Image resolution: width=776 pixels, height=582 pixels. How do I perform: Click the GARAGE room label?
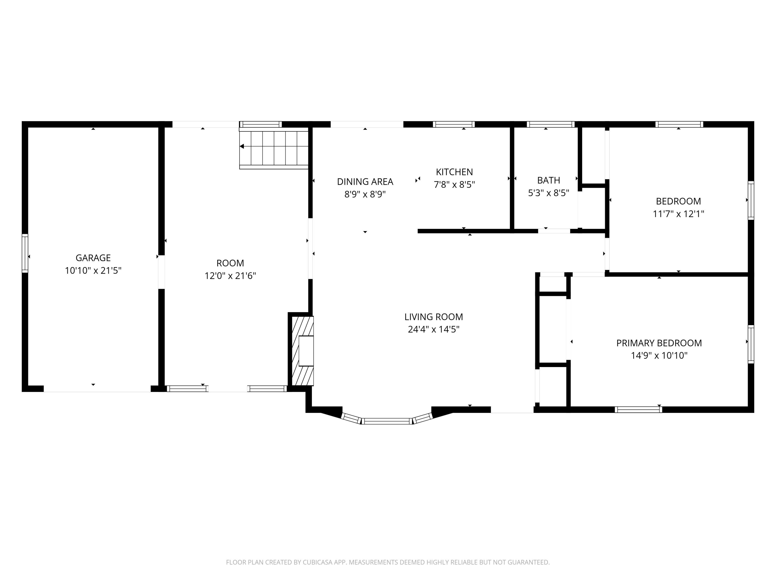tap(93, 258)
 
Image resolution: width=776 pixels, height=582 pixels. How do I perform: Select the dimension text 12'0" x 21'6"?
tap(230, 276)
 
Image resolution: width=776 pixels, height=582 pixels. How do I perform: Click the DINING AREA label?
tap(365, 182)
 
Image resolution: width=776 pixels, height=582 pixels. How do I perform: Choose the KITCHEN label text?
tap(454, 172)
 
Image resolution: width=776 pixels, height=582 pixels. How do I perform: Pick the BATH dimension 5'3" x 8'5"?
tap(548, 193)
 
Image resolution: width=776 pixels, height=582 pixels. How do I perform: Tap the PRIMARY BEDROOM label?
tap(659, 343)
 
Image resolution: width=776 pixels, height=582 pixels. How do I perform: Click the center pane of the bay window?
tap(387, 421)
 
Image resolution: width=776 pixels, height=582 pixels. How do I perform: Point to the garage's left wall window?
tap(25, 253)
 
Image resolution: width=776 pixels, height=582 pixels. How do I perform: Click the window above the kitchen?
tap(454, 124)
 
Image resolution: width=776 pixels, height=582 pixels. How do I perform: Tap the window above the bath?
tap(550, 124)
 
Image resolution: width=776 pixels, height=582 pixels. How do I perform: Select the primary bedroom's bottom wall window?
tap(638, 409)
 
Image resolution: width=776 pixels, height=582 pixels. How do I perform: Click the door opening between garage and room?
tap(161, 272)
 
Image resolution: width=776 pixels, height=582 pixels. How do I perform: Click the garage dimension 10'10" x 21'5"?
tap(93, 271)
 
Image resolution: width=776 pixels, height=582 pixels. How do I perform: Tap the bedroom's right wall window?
tap(751, 200)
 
